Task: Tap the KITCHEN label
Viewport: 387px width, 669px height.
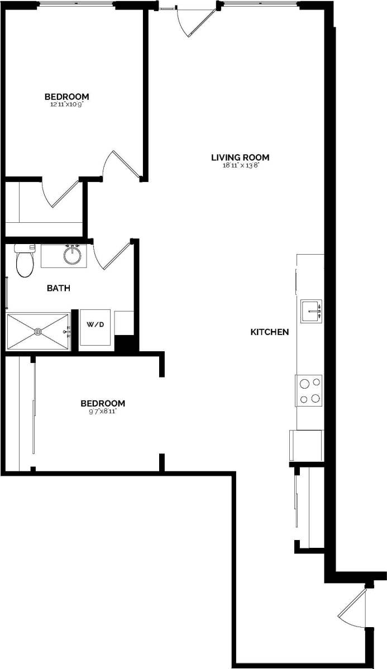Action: pos(269,332)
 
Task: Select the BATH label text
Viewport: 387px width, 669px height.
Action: pos(58,288)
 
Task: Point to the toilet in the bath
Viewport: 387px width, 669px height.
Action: pos(25,262)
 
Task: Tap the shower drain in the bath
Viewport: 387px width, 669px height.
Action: pos(38,332)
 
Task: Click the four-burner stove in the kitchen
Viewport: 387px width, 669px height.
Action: pos(309,390)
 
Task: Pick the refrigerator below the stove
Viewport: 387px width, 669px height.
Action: pos(306,445)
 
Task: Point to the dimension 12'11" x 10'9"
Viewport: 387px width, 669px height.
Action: pos(67,104)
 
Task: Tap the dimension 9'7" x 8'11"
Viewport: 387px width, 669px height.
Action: pos(102,412)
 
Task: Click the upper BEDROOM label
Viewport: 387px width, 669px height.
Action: pos(67,96)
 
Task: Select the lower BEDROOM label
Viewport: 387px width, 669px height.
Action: pos(103,403)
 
